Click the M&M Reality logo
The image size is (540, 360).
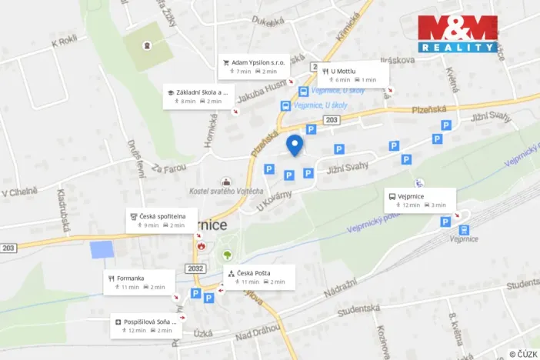tap(457, 34)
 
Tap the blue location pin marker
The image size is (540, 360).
tap(295, 145)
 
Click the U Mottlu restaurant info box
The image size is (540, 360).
tap(353, 75)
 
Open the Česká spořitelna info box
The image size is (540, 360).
tap(162, 221)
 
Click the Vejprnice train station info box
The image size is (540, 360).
tap(419, 201)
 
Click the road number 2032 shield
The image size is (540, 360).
tap(195, 268)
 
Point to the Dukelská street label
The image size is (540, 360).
tap(268, 23)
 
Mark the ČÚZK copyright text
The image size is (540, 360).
tap(523, 354)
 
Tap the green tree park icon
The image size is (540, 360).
tap(227, 255)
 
